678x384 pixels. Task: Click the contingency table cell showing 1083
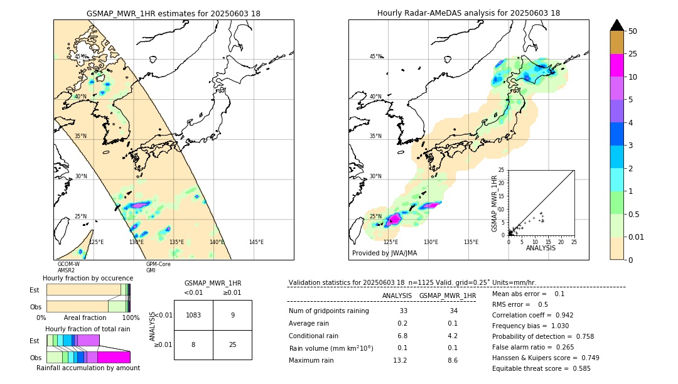(193, 315)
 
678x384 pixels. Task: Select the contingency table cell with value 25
(232, 344)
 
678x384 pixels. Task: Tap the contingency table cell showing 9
(232, 315)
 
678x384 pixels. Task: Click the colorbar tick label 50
(633, 31)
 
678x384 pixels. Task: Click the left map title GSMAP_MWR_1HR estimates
(173, 13)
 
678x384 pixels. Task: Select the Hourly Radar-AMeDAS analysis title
(468, 13)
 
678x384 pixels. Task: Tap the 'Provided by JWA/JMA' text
(384, 253)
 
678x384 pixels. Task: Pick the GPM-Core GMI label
(158, 267)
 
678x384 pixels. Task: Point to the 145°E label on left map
(256, 242)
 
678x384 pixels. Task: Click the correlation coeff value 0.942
(559, 315)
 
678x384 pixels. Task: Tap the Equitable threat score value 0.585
(577, 368)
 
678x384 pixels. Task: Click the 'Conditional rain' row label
(314, 336)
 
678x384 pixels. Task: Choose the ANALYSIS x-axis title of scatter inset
(541, 248)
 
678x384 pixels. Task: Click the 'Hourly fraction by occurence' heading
(88, 278)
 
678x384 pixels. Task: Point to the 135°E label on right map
(471, 242)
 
